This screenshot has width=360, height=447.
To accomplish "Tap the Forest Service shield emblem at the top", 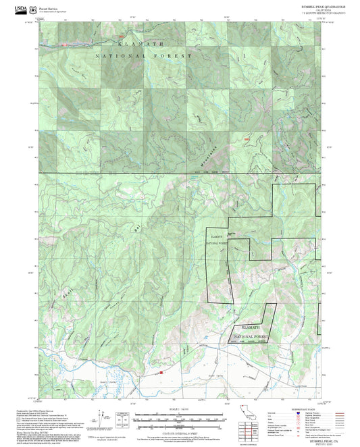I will [x=33, y=9].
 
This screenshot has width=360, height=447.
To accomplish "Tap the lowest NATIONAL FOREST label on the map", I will [x=251, y=336].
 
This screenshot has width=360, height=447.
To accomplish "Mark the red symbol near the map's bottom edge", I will [x=161, y=371].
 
